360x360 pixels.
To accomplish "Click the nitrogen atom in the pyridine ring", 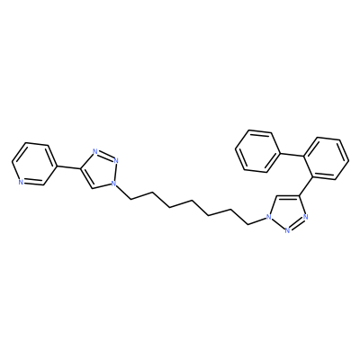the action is [x=21, y=182].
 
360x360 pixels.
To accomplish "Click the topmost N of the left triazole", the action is [x=95, y=152].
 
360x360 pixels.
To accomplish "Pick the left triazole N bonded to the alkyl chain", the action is [x=113, y=183].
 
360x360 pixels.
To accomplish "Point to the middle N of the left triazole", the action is [x=116, y=160].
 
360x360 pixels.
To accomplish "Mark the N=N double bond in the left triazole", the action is [x=105, y=156].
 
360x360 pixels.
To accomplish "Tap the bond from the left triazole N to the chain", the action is [x=123, y=192].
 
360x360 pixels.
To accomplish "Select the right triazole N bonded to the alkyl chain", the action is [x=268, y=217].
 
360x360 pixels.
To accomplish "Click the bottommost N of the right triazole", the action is [x=287, y=230].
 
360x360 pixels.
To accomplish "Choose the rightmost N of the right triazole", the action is [x=305, y=217].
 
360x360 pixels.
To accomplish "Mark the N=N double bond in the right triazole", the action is [x=296, y=223].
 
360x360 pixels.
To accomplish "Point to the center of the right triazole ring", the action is [x=287, y=211].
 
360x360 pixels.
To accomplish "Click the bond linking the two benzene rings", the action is [x=292, y=154].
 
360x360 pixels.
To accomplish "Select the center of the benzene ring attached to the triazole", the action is [x=326, y=159].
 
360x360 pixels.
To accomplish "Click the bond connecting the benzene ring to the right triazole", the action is [x=305, y=186].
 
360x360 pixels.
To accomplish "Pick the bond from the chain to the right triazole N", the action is [x=257, y=221].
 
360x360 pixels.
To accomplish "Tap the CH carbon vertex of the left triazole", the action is [x=92, y=188].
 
